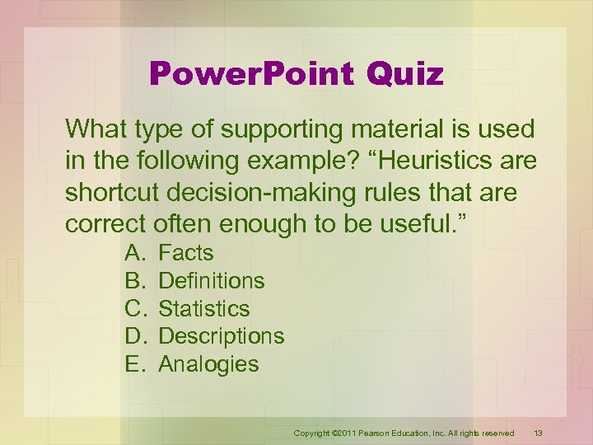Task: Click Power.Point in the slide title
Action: click(251, 74)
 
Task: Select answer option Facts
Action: click(185, 253)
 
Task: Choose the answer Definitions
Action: click(211, 281)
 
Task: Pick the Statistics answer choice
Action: click(203, 309)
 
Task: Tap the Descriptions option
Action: click(221, 336)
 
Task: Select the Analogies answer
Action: click(208, 364)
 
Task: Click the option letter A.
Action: click(134, 253)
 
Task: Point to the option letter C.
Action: click(135, 309)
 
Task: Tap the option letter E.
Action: click(134, 364)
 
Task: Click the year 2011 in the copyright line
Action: click(348, 433)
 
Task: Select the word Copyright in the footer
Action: click(313, 433)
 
